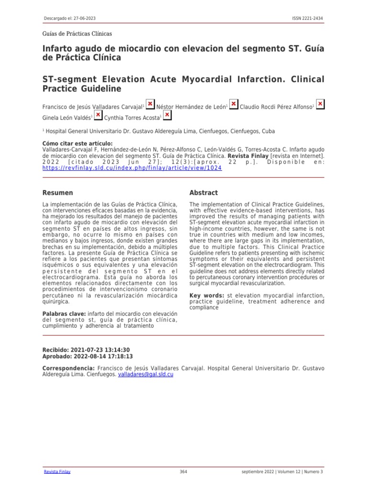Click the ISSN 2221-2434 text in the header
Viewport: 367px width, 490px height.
point(307,18)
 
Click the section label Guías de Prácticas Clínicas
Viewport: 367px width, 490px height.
point(77,34)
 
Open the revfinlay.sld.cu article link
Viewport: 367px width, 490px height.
point(132,168)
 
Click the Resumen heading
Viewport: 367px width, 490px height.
point(58,193)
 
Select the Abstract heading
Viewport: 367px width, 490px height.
point(204,193)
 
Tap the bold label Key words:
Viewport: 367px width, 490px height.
point(207,296)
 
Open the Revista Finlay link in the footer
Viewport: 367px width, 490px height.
point(57,472)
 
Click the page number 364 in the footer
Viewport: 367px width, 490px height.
point(183,472)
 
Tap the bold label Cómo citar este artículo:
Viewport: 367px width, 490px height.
point(77,144)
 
